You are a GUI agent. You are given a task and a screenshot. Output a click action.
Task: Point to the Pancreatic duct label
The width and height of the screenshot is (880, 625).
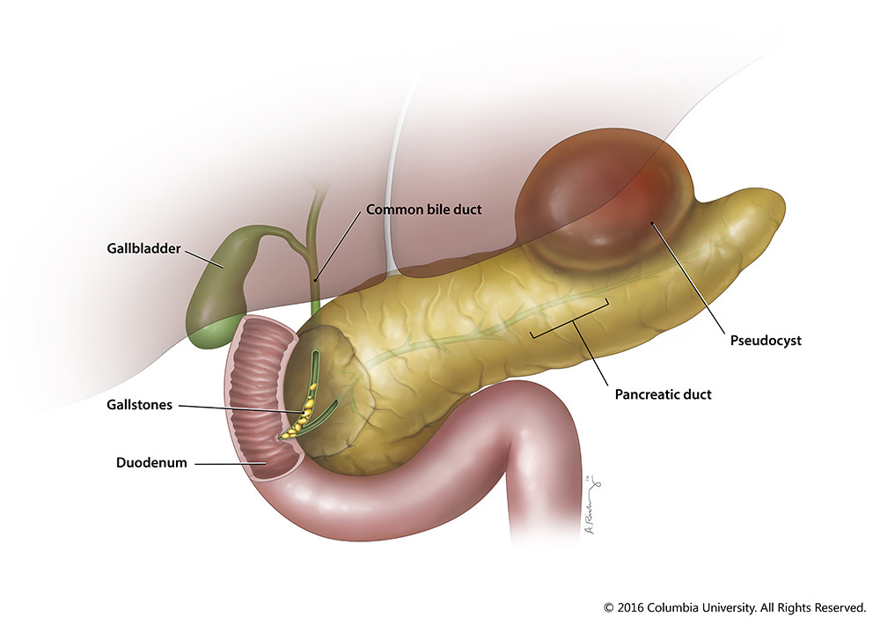click(x=662, y=394)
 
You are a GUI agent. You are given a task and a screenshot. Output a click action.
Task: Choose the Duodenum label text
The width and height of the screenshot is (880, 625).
click(x=151, y=462)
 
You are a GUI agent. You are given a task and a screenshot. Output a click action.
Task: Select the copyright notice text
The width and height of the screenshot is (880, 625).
click(x=734, y=607)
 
